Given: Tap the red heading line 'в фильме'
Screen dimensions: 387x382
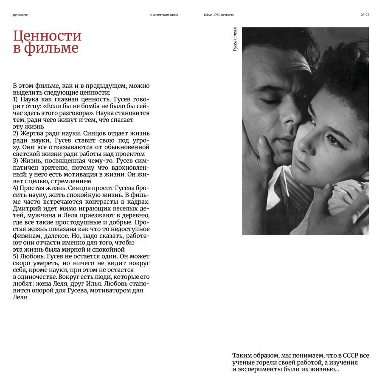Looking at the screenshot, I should (x=46, y=48).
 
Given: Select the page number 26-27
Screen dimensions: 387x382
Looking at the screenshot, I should (x=365, y=15).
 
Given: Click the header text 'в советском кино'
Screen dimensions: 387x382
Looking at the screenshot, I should (x=164, y=15).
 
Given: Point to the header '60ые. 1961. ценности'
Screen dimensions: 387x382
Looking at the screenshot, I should (x=219, y=15).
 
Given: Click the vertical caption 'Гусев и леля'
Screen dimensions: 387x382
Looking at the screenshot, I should (x=235, y=39).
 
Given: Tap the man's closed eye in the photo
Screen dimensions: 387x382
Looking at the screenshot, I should (x=270, y=101).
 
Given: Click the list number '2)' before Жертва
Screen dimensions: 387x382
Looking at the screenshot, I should (x=16, y=134).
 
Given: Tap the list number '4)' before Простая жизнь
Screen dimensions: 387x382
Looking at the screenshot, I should (x=16, y=188).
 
